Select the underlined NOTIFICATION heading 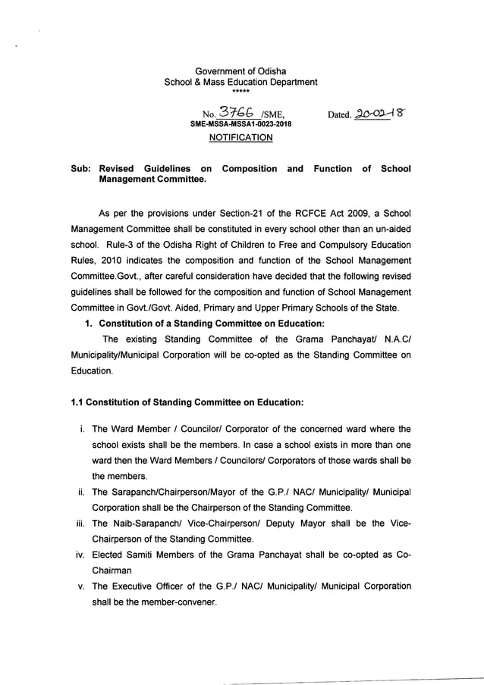240,138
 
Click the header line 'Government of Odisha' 240,70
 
